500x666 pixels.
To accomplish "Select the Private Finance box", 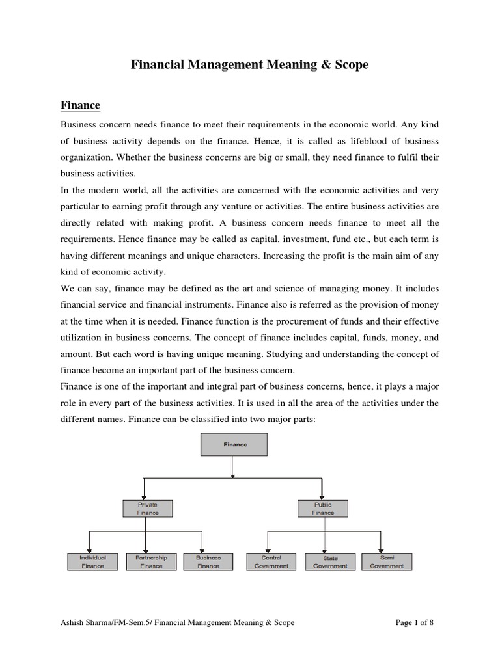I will tap(148, 508).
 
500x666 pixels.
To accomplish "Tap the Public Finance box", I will tap(322, 508).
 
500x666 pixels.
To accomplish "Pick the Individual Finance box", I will tap(92, 561).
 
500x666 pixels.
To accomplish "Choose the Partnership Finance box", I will tap(151, 561).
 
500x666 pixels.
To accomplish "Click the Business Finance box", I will tap(208, 561).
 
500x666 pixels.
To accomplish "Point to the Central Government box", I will tap(271, 561).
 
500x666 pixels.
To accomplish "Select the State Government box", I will tap(330, 561).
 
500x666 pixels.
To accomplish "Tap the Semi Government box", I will tap(387, 561).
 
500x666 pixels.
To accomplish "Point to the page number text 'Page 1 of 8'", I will tap(415, 622).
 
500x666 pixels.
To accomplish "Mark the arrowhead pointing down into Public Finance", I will tap(322, 497).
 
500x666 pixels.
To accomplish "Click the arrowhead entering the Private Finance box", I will tap(144, 497).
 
